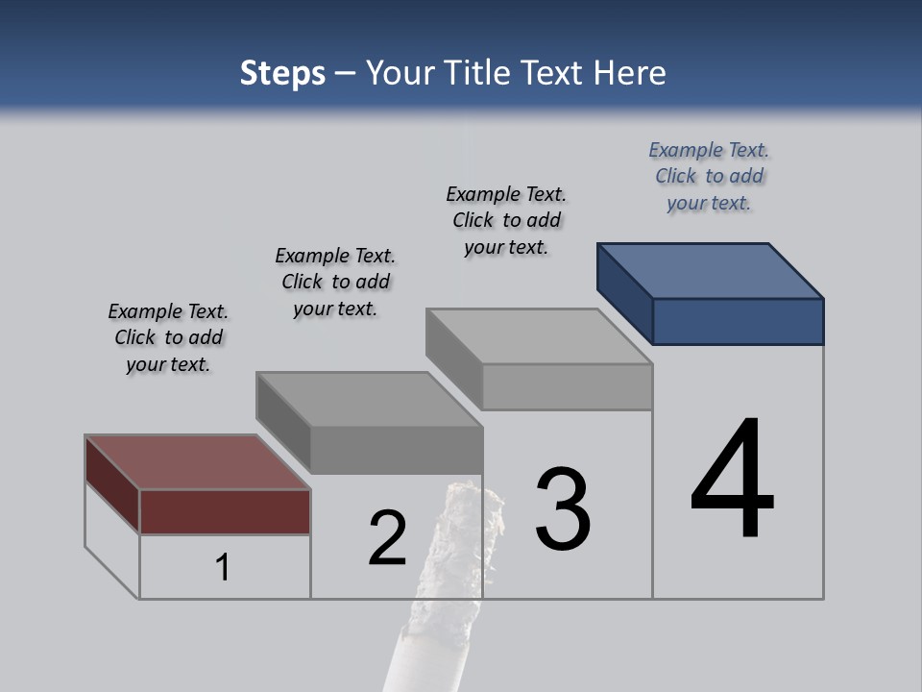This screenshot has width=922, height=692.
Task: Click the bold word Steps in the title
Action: (x=282, y=73)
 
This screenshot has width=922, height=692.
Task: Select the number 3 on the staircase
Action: (x=563, y=510)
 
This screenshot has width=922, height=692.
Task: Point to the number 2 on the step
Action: (x=388, y=538)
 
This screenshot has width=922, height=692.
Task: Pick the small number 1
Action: (x=223, y=567)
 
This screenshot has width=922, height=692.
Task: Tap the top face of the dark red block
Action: (x=197, y=462)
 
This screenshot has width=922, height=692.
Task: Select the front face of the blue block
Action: (x=738, y=321)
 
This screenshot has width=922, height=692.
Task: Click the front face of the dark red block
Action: (x=225, y=511)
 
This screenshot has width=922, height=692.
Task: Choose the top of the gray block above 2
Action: (x=369, y=399)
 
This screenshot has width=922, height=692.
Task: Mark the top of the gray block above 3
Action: (x=539, y=336)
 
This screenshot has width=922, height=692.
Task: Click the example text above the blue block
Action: (x=709, y=176)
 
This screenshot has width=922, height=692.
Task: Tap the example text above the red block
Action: (x=168, y=337)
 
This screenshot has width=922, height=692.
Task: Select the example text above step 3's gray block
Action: (x=506, y=220)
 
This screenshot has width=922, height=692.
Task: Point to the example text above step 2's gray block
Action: (x=335, y=282)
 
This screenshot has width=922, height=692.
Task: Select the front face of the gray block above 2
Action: (x=396, y=450)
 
